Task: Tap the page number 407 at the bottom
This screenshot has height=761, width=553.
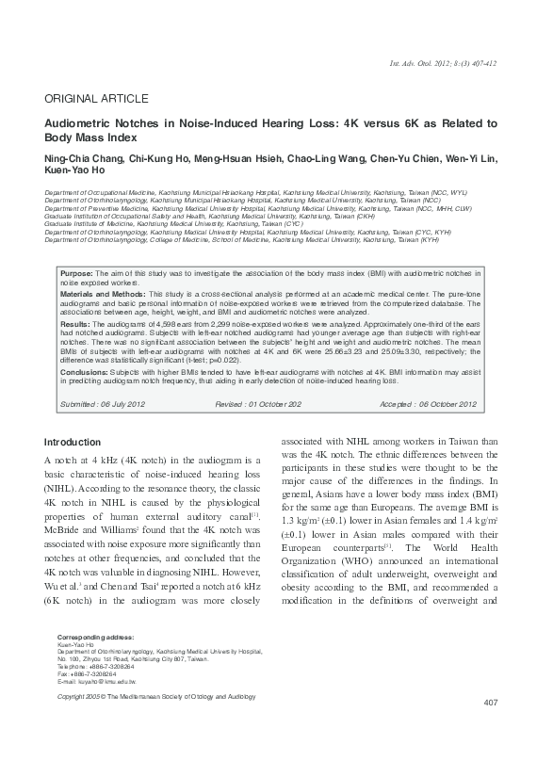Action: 489,730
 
